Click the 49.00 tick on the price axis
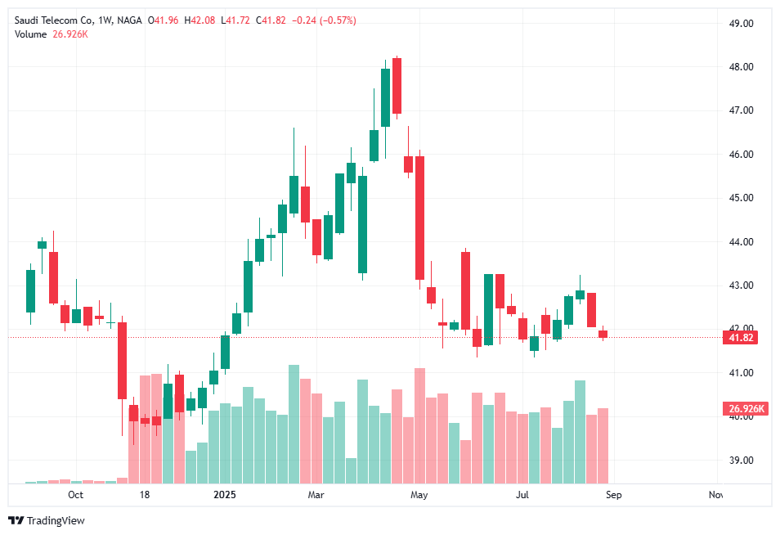(x=742, y=23)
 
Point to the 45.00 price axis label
(x=742, y=198)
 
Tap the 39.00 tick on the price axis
(x=742, y=461)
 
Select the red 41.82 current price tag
(x=741, y=338)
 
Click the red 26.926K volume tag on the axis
(x=744, y=409)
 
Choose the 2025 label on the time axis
(x=224, y=495)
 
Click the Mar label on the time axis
(x=316, y=495)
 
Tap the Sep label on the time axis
(x=614, y=495)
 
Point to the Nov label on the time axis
(x=716, y=495)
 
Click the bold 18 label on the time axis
(x=145, y=495)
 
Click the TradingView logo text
(x=56, y=521)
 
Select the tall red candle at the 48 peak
(x=397, y=86)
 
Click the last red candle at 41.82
(x=603, y=334)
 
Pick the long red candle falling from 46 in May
(x=419, y=218)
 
